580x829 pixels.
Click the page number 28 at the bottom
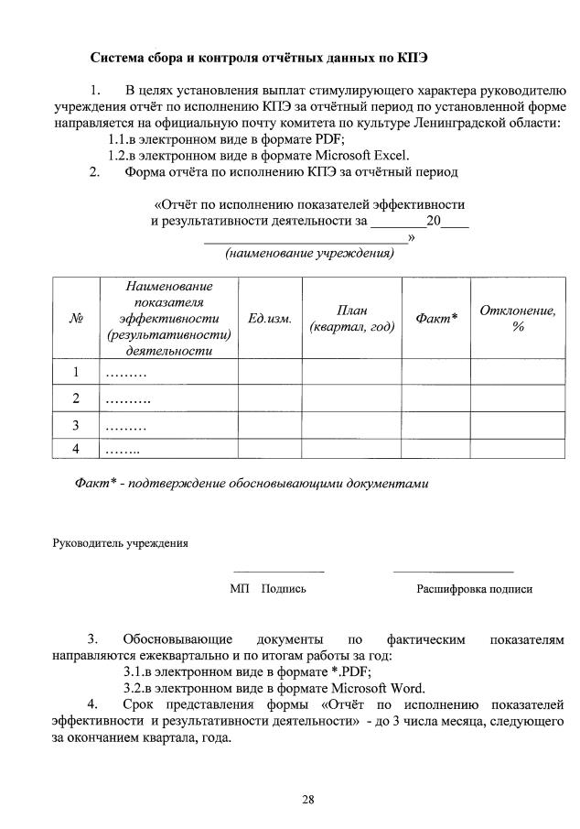tap(308, 800)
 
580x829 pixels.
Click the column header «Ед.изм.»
tap(270, 319)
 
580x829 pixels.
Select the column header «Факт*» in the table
tap(435, 319)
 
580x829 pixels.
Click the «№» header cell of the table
tap(76, 319)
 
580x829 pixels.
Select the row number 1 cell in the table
tap(76, 372)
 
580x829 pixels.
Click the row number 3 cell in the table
tap(76, 425)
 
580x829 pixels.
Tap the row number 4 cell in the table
tap(76, 449)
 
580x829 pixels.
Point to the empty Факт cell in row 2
tap(435, 398)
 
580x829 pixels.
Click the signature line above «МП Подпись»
tap(278, 572)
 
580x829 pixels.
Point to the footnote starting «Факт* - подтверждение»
tap(251, 483)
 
